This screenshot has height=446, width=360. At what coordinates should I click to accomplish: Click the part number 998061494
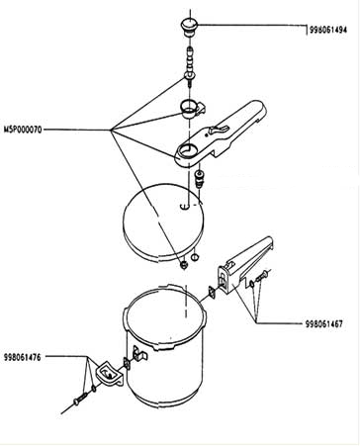pyautogui.click(x=328, y=30)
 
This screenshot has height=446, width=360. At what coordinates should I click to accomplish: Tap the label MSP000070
pyautogui.click(x=23, y=130)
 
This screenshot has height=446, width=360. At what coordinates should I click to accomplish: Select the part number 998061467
pyautogui.click(x=324, y=323)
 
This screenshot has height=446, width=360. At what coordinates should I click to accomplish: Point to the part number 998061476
pyautogui.click(x=23, y=357)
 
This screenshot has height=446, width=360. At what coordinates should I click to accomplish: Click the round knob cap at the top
pyautogui.click(x=189, y=27)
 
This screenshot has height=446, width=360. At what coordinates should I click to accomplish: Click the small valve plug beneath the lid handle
pyautogui.click(x=200, y=179)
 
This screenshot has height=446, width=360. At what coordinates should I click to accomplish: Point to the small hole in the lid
pyautogui.click(x=185, y=207)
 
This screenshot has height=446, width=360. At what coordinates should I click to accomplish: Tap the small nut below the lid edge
pyautogui.click(x=184, y=264)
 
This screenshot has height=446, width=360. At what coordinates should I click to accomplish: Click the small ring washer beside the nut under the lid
pyautogui.click(x=195, y=257)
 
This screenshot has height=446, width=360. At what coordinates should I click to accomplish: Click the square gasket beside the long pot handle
pyautogui.click(x=212, y=293)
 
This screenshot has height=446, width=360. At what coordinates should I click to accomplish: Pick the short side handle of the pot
pyautogui.click(x=110, y=374)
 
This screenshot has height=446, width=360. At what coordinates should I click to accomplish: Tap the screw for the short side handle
pyautogui.click(x=80, y=398)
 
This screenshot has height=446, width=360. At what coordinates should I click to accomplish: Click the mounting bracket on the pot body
pyautogui.click(x=139, y=354)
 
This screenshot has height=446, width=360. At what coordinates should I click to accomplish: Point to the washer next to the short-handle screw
pyautogui.click(x=94, y=389)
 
